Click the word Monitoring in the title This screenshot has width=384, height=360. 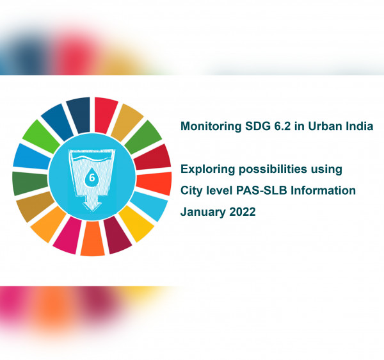211,127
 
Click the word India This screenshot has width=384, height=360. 360,126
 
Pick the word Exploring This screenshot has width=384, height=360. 207,170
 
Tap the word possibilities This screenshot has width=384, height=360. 273,170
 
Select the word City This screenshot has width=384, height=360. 191,191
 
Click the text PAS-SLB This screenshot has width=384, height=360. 262,190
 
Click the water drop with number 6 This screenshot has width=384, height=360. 92,177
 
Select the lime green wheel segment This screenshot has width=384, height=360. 41,136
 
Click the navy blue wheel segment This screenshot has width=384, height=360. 79,115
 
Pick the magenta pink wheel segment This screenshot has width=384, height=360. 68,236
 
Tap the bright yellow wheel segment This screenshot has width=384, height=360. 136,223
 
